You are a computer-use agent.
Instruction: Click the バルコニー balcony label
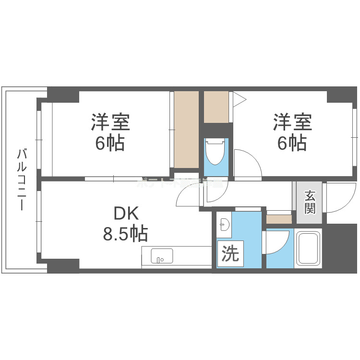(22, 180)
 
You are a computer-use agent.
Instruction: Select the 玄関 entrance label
(310, 202)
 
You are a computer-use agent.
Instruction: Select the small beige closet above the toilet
(216, 107)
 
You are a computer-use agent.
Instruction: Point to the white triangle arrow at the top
(239, 100)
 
